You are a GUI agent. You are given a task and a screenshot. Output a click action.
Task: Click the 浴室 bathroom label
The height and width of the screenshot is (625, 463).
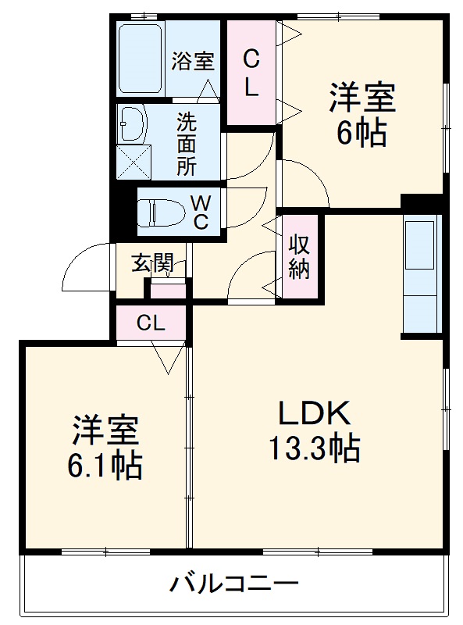[193, 61]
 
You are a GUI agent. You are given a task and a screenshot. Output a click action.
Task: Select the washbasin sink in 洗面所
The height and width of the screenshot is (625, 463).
[132, 123]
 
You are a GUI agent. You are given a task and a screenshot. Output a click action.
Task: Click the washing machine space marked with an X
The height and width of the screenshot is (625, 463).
[134, 162]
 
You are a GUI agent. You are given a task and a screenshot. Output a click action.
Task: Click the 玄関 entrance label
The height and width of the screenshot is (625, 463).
[153, 262]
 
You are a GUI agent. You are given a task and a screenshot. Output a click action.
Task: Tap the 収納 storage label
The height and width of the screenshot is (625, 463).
[299, 256]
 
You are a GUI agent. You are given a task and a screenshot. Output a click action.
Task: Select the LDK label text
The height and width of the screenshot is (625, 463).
[315, 413]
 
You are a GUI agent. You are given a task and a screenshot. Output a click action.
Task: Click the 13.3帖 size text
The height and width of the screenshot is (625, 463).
[315, 448]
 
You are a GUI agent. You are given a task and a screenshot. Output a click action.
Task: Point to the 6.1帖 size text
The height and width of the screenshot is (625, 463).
[105, 466]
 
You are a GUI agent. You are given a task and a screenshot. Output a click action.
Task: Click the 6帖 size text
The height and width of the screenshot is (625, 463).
[361, 134]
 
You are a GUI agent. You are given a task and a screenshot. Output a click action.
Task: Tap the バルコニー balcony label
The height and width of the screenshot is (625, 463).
[234, 584]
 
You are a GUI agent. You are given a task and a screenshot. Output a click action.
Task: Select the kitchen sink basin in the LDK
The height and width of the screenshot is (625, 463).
[419, 245]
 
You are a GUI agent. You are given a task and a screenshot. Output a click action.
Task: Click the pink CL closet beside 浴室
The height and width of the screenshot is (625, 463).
[251, 72]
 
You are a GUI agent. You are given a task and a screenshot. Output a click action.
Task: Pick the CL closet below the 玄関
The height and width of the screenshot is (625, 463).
[151, 323]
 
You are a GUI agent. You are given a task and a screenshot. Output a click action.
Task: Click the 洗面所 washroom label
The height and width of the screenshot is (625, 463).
[187, 144]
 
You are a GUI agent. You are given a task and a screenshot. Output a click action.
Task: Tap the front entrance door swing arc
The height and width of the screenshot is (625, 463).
[79, 257]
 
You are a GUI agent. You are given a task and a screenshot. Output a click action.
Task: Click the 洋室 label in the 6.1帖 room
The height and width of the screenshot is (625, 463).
[105, 430]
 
